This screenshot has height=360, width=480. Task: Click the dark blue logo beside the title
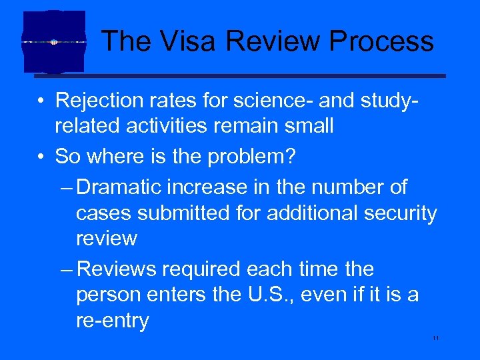tap(54, 41)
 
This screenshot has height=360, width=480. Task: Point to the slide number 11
tap(436, 339)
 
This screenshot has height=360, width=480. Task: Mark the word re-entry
tap(112, 321)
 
